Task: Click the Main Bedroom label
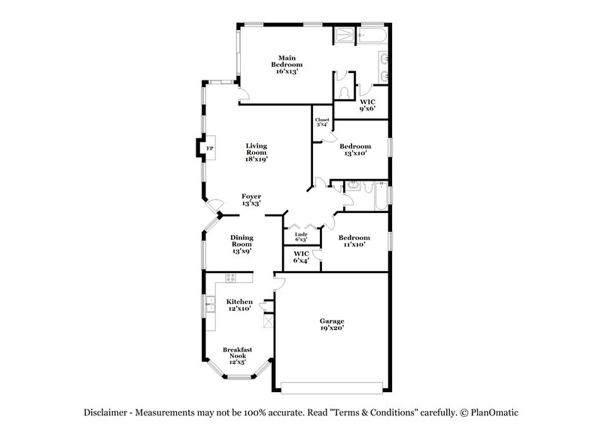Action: coord(285,62)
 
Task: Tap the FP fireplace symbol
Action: coord(210,149)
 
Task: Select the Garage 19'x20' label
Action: coord(331,325)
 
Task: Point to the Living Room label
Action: coord(257,152)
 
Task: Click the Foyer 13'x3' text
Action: coord(251,200)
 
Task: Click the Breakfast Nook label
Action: coord(237,354)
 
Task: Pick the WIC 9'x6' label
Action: coord(368,105)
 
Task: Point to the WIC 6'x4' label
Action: coord(301,257)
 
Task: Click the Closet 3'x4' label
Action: coord(322,122)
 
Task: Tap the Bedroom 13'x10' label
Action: coord(354,149)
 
